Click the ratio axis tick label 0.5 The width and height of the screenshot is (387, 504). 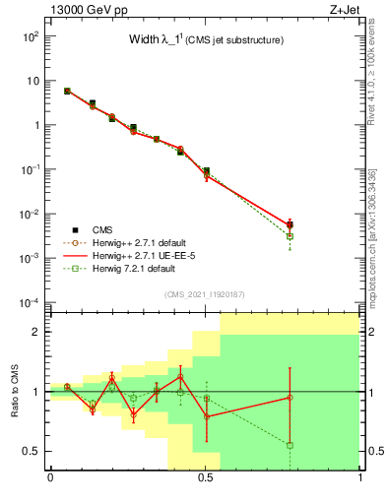[x=31, y=451]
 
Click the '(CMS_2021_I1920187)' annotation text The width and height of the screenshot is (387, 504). [x=205, y=294]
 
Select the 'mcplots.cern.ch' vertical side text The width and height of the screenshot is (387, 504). [x=377, y=236]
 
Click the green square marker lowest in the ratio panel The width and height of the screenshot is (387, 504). [x=290, y=445]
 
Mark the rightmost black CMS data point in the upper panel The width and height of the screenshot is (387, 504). [x=290, y=225]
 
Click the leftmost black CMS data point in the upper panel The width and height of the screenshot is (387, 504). [x=67, y=91]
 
